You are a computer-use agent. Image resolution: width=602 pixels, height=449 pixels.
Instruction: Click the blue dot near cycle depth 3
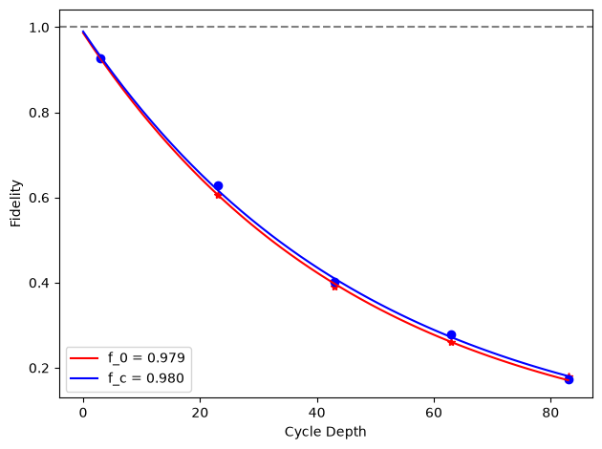click(x=100, y=58)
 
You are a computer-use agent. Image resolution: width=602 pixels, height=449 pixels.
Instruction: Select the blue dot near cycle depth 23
click(x=218, y=185)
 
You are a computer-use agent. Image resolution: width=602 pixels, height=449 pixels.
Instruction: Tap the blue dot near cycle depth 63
click(x=451, y=334)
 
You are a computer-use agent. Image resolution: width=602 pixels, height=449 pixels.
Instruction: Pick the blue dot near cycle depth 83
click(x=569, y=379)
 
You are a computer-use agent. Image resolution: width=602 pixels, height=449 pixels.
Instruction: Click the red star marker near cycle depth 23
click(x=218, y=195)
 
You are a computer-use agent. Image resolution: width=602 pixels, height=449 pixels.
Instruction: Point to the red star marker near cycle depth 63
click(x=451, y=342)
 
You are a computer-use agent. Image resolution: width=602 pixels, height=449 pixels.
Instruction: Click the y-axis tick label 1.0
click(x=39, y=28)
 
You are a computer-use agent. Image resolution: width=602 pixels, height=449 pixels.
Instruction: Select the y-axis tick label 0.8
click(x=39, y=113)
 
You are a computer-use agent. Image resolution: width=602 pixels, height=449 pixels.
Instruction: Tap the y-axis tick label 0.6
click(x=39, y=198)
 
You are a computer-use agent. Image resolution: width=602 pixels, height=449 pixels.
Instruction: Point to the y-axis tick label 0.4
click(x=39, y=283)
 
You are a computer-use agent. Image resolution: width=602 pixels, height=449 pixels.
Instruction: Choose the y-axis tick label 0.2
click(x=39, y=369)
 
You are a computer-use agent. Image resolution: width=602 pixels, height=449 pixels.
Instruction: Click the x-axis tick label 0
click(x=83, y=413)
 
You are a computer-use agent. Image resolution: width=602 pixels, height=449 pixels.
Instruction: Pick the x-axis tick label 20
click(x=200, y=413)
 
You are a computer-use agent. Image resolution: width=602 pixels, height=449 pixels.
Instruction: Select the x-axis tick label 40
click(x=317, y=413)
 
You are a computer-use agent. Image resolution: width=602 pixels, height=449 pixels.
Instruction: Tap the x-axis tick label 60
click(x=434, y=413)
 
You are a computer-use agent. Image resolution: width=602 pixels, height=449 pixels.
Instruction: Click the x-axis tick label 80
click(x=551, y=413)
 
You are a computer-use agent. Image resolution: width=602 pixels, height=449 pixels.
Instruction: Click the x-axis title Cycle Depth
click(x=326, y=432)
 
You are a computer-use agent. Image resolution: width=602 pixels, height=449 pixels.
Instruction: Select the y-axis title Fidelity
click(x=15, y=203)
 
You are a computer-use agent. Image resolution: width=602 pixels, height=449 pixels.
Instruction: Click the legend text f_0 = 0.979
click(x=146, y=357)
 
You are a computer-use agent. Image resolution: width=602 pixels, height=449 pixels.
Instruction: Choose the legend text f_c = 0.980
click(x=146, y=378)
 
